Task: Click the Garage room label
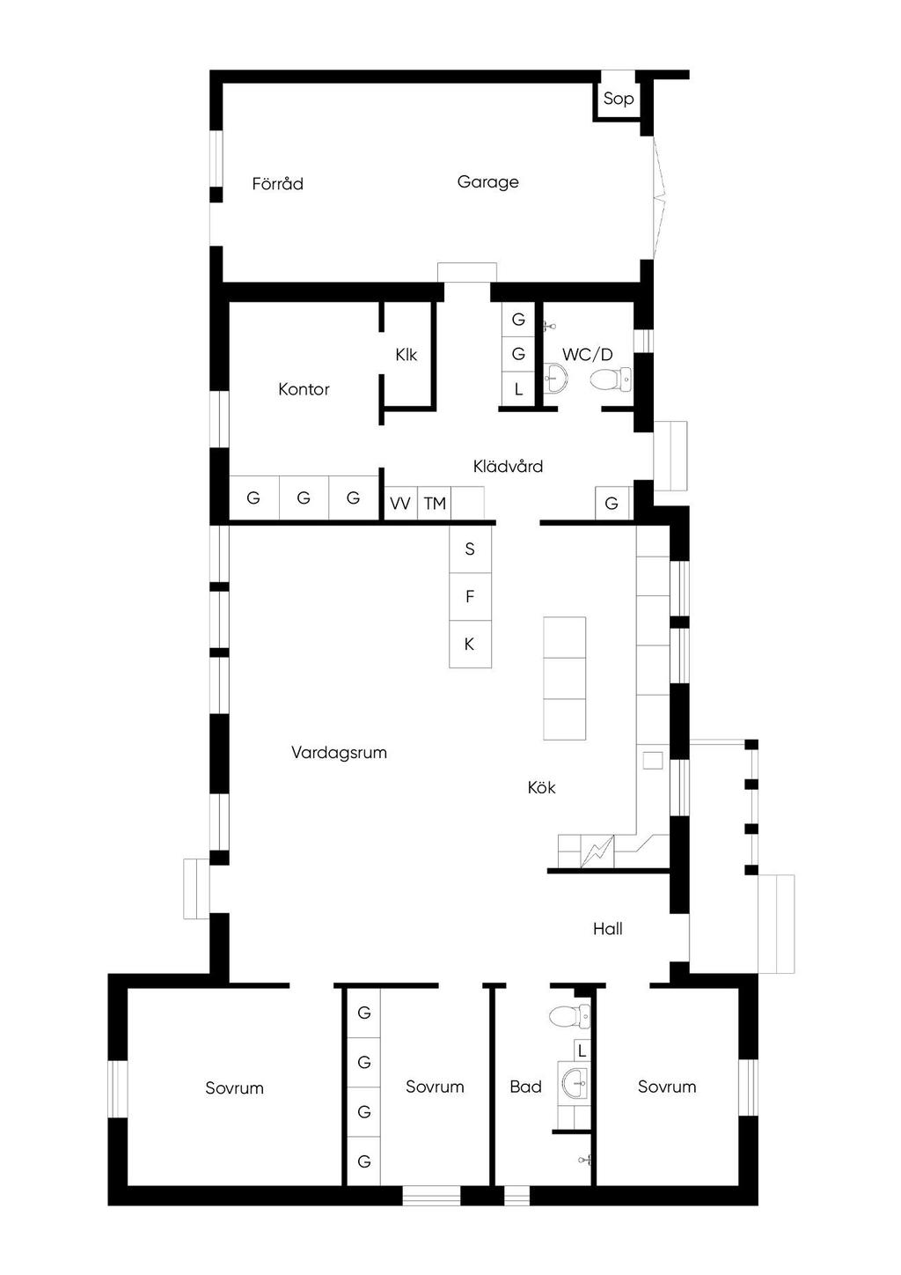[x=487, y=182]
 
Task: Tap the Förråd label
[x=277, y=183]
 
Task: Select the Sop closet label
[x=619, y=99]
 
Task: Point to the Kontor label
[x=304, y=389]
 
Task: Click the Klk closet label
[x=407, y=355]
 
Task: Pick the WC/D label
[x=588, y=355]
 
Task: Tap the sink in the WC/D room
[x=556, y=379]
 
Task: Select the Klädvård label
[x=508, y=466]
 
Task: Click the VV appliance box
[x=401, y=503]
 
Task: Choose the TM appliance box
[x=435, y=503]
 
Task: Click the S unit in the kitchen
[x=470, y=549]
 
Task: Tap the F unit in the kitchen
[x=470, y=596]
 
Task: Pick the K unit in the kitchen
[x=470, y=645]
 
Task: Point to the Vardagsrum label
[x=339, y=753]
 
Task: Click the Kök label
[x=541, y=787]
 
